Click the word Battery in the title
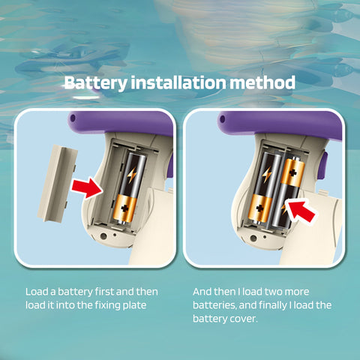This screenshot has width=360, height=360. click(96, 83)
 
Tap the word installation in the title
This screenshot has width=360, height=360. click(178, 82)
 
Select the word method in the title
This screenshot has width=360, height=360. click(262, 82)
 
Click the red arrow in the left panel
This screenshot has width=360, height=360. click(87, 187)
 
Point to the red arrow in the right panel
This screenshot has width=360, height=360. click(300, 211)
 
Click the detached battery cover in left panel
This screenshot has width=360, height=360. click(58, 183)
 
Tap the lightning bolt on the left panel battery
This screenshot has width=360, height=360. click(131, 175)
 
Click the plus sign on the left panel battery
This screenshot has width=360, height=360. click(124, 208)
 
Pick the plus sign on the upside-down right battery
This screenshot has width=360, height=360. click(292, 172)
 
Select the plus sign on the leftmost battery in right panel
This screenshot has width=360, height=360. click(260, 208)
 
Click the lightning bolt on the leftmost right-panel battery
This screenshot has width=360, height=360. click(267, 174)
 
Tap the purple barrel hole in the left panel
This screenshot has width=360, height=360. click(73, 118)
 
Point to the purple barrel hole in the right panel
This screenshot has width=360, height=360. click(222, 118)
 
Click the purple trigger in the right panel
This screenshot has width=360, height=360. click(324, 165)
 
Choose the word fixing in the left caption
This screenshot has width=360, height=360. click(109, 305)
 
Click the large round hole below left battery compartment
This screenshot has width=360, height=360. click(103, 236)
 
